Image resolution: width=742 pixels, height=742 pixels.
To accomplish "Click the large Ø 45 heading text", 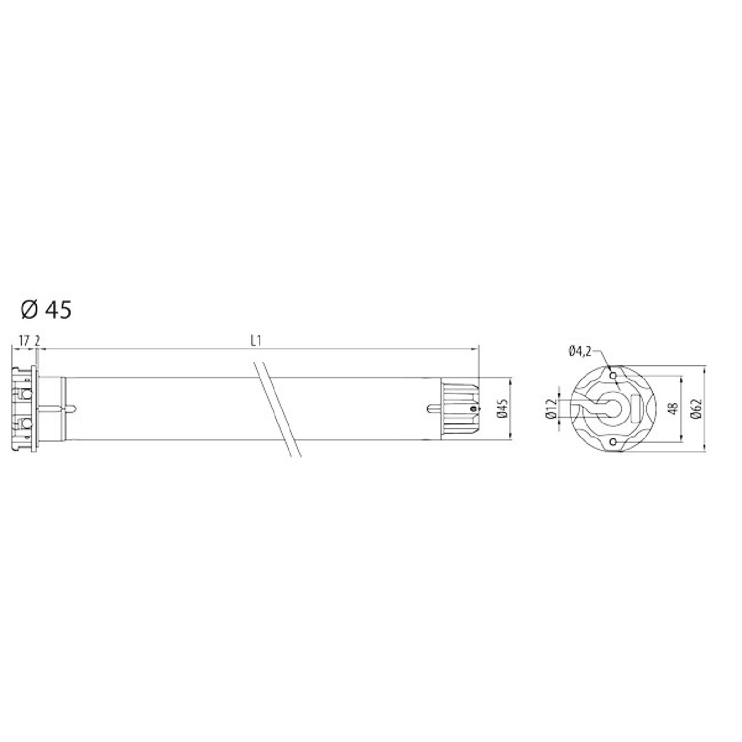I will tap(46, 310).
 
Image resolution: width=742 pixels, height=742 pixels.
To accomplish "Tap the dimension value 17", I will tap(24, 341).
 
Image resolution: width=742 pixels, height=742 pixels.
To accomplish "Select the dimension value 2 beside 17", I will tap(37, 341).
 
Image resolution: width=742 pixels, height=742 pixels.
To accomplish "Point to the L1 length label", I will tap(256, 341).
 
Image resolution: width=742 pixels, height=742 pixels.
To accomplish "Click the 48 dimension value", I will tap(673, 408).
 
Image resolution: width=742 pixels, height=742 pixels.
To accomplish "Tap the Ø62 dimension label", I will tap(697, 408).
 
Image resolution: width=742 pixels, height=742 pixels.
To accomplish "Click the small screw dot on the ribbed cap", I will tap(473, 408).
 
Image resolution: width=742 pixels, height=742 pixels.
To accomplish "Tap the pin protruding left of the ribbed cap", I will tap(434, 408).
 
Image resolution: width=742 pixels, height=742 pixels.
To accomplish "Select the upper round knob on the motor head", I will tap(26, 394).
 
